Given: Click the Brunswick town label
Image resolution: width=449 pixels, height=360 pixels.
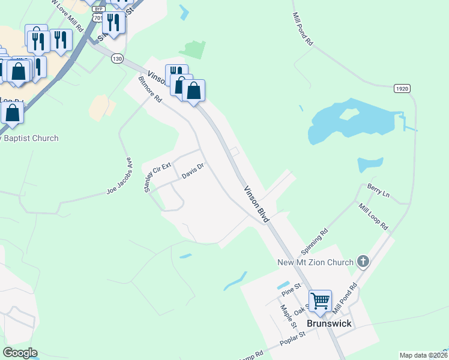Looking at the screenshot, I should (328, 323).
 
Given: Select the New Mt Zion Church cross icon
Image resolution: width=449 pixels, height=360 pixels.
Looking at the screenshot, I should (363, 261).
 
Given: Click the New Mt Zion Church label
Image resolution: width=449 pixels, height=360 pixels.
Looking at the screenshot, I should (315, 262).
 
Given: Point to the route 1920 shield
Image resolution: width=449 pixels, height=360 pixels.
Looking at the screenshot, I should (402, 88).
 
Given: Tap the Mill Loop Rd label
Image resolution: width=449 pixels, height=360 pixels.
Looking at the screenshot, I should (373, 218).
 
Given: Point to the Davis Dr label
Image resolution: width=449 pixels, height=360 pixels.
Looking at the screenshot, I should (193, 172).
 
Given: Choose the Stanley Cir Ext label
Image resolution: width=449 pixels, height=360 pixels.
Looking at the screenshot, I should (157, 176).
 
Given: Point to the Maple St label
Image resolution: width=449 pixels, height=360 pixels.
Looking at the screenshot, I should (286, 316).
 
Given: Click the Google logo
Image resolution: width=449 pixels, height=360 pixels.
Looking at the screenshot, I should (20, 353).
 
